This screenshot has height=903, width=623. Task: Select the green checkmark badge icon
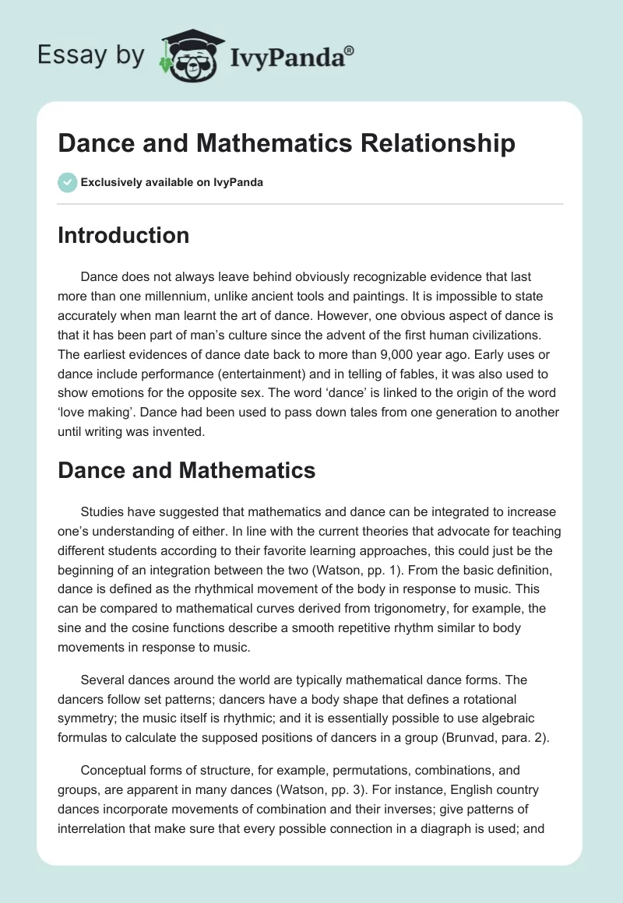(x=67, y=182)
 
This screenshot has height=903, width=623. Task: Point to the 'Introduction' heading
(x=123, y=235)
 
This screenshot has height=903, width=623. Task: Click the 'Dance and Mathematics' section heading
(x=186, y=470)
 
